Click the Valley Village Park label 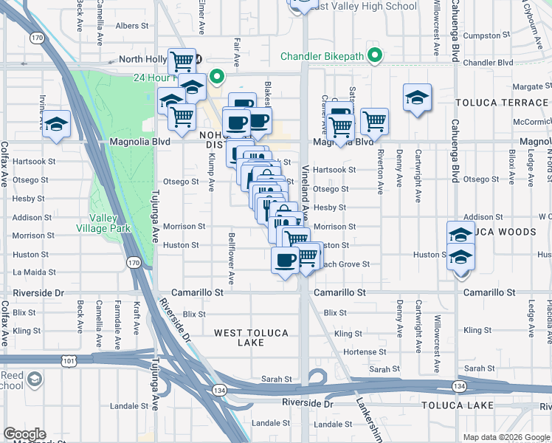tap(110, 222)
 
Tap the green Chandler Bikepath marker tap(375, 55)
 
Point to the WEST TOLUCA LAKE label tap(251, 337)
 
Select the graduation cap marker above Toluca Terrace tap(417, 97)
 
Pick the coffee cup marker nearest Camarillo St tap(286, 259)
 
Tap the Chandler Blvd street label tap(489, 62)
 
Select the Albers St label tap(133, 25)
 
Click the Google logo tap(24, 434)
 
